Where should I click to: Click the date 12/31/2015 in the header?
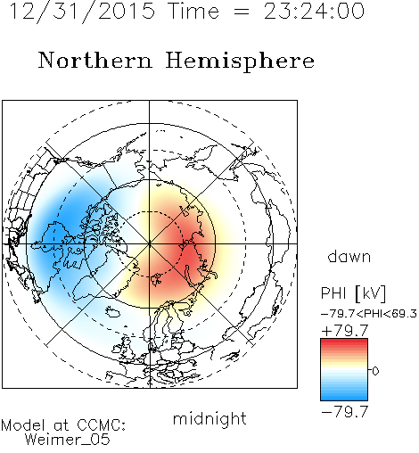(x=82, y=11)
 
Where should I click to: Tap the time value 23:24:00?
(x=314, y=11)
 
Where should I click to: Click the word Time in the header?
(x=193, y=11)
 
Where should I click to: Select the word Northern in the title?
(x=95, y=60)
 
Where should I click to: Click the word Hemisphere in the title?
(x=240, y=62)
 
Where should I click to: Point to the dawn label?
(x=349, y=256)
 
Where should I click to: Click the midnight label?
(x=209, y=418)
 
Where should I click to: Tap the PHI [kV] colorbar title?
(x=353, y=293)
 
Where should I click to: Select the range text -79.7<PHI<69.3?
(x=369, y=314)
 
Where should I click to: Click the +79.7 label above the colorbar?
(x=345, y=331)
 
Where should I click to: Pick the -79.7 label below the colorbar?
(x=345, y=412)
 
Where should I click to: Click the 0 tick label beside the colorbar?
(x=375, y=371)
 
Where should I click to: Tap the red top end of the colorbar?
(x=344, y=342)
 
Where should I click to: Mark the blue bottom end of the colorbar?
(x=344, y=398)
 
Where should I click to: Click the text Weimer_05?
(x=68, y=440)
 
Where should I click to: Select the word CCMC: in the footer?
(x=102, y=425)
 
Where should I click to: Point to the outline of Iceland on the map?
(x=113, y=312)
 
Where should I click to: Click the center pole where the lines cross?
(x=150, y=243)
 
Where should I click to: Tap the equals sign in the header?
(x=241, y=12)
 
